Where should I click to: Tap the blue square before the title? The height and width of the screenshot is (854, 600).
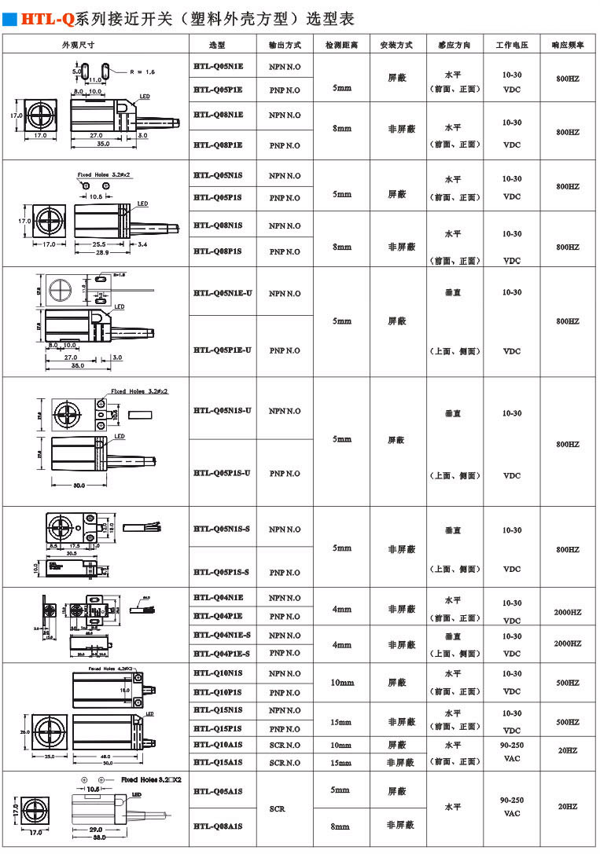[10, 16]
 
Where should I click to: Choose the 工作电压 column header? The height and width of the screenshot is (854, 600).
[511, 46]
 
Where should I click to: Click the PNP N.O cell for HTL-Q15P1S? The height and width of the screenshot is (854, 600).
[285, 729]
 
